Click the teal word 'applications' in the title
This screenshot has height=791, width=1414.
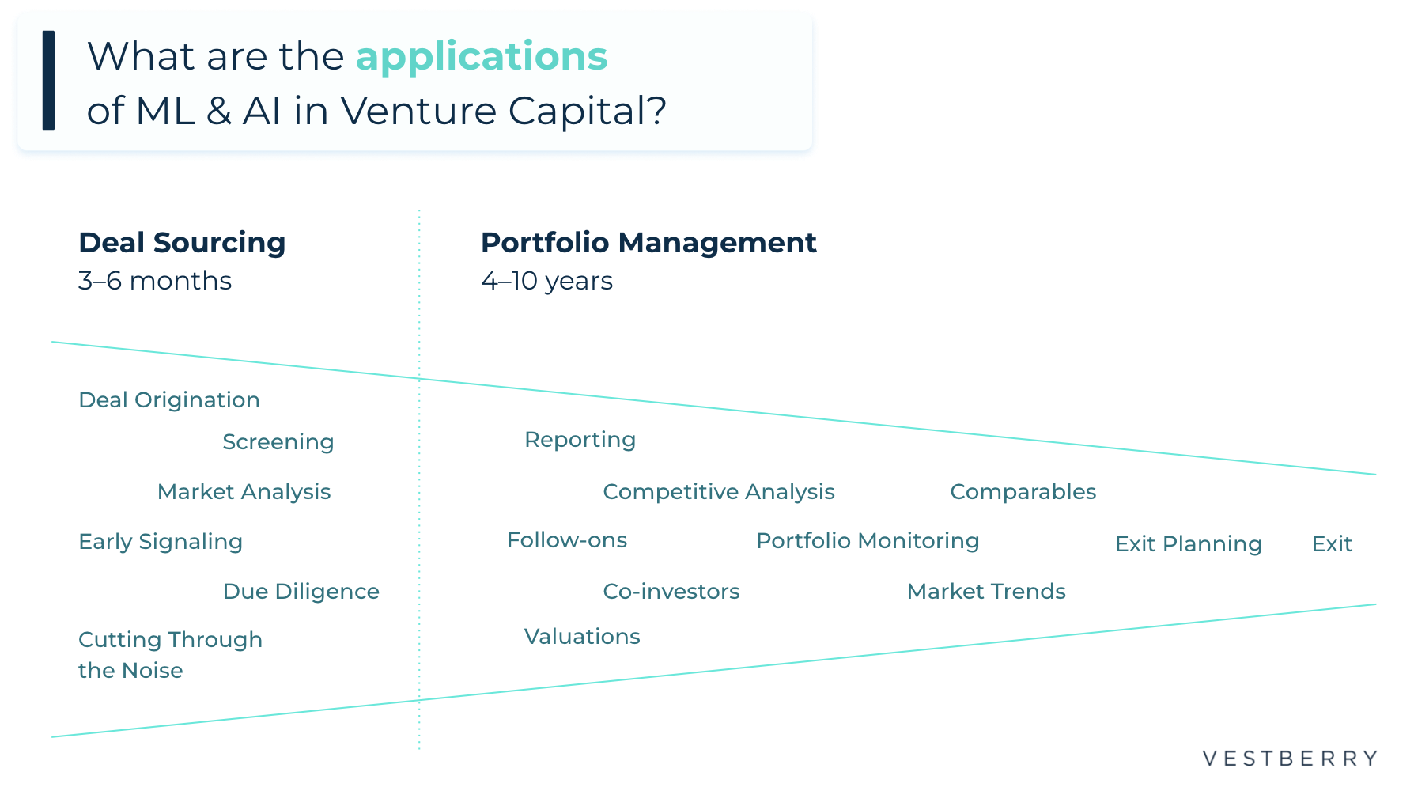[x=481, y=57]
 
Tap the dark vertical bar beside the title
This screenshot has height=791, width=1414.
[x=48, y=80]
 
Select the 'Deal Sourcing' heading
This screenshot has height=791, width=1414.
[x=182, y=243]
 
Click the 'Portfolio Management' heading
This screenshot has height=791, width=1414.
[x=648, y=243]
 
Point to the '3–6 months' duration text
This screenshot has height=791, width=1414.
[x=155, y=281]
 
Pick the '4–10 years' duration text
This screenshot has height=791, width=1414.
[x=546, y=281]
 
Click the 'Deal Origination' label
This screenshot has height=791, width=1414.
[x=169, y=400]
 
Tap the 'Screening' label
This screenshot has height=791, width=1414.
[x=278, y=442]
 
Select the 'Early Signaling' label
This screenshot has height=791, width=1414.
[x=161, y=542]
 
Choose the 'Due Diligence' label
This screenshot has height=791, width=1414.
[x=301, y=592]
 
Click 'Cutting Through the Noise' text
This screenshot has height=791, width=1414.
[x=170, y=655]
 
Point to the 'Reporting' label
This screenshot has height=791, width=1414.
[x=580, y=440]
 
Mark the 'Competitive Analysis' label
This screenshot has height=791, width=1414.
[x=719, y=492]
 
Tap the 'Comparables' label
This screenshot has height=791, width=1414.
[x=1023, y=492]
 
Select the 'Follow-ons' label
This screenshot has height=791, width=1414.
[x=567, y=540]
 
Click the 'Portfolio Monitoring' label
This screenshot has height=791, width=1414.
[x=868, y=541]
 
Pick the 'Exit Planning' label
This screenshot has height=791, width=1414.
[x=1188, y=544]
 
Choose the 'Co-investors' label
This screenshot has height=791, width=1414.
[x=671, y=592]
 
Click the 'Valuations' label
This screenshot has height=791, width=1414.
[x=582, y=637]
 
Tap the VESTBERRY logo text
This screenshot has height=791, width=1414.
[x=1290, y=759]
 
